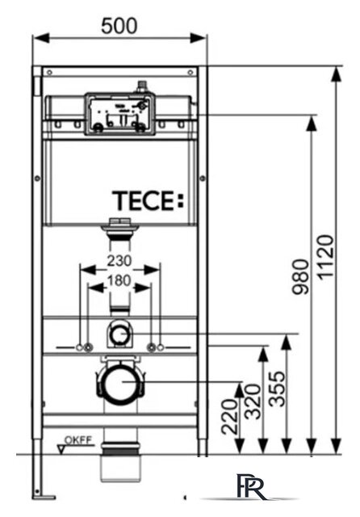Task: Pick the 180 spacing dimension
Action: (x=119, y=280)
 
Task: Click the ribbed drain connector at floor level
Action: (x=119, y=448)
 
